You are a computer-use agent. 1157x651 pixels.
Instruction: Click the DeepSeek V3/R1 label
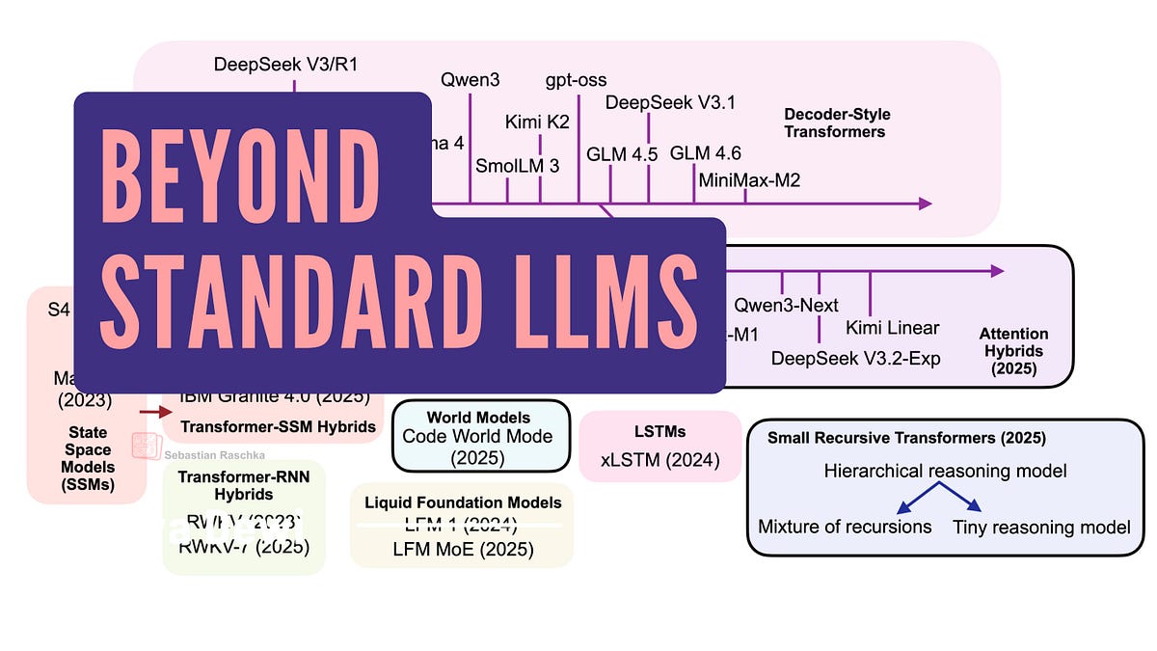point(279,65)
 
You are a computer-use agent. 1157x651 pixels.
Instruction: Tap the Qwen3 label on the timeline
point(470,79)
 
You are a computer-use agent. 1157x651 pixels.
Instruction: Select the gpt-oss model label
point(576,79)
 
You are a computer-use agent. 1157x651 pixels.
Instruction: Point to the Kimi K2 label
point(538,122)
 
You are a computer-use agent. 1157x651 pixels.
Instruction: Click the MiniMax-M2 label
point(749,179)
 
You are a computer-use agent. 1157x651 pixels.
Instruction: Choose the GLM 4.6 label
point(705,153)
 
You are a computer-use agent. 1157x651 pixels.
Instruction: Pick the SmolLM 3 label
point(517,166)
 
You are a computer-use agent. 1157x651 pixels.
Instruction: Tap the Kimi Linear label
point(892,328)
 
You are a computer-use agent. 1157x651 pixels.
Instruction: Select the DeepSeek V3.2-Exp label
point(855,358)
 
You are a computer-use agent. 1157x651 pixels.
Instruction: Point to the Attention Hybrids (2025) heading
point(1011,351)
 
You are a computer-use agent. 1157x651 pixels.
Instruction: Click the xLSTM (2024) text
point(659,460)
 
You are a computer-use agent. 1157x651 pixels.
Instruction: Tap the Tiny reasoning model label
point(1041,527)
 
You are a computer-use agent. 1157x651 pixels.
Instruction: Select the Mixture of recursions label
point(845,527)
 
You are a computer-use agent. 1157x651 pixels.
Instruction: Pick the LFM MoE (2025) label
point(462,549)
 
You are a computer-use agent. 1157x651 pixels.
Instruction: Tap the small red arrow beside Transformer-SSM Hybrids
point(152,412)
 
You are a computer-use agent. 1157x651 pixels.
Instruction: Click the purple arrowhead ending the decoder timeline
point(925,203)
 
